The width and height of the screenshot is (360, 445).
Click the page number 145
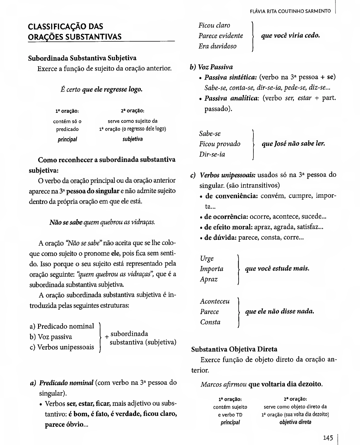coord(328,438)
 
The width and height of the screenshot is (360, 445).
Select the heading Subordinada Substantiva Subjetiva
coord(82,58)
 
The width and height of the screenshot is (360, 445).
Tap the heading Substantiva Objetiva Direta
coord(234,349)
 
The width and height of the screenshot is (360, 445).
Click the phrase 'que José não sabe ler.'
coord(293,143)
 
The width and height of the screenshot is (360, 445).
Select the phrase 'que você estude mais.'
coord(277,269)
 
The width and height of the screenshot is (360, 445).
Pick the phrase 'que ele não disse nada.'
coord(280,312)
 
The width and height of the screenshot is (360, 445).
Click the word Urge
coord(207,259)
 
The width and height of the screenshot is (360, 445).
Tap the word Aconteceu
coord(215,302)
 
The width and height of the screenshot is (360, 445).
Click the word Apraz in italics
coord(209,279)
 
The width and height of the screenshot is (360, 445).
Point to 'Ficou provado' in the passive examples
coord(220,144)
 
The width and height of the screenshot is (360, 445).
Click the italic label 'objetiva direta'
coord(295,422)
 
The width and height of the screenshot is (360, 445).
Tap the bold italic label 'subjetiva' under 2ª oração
coord(132,139)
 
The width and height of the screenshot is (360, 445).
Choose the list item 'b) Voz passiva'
coord(51,337)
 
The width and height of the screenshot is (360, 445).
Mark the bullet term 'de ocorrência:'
coord(226,216)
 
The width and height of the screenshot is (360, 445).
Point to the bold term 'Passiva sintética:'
coord(231,78)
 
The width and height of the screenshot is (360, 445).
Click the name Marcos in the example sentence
coord(211,384)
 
